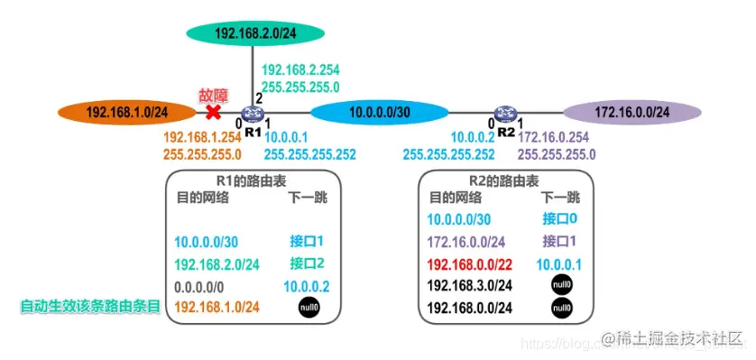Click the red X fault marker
(214, 112)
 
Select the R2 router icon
(505, 113)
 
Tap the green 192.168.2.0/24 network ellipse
(250, 33)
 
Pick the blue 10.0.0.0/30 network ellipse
(367, 113)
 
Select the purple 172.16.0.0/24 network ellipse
(631, 113)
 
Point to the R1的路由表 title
(254, 180)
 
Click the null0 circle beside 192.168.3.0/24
(560, 285)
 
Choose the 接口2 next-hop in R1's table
(306, 263)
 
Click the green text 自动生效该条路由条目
(90, 307)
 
